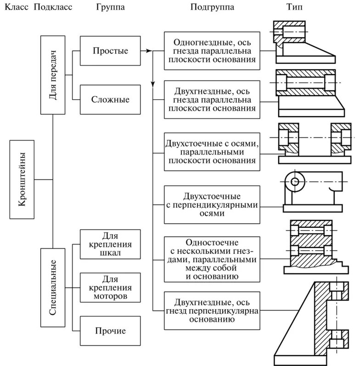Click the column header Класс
[17, 7]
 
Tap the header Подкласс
[53, 7]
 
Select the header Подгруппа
[212, 7]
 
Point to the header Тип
[294, 7]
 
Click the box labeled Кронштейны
[22, 179]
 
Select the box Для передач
[53, 75]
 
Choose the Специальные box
[53, 287]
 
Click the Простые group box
[110, 50]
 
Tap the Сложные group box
[110, 100]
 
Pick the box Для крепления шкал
[110, 244]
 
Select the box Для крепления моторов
[110, 288]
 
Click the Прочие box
[110, 331]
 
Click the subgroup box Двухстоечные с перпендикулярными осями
[212, 205]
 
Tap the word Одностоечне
[212, 243]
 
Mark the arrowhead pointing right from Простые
[149, 50]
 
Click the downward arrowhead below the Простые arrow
[152, 84]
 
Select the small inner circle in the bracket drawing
[295, 182]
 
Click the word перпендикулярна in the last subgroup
[224, 311]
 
